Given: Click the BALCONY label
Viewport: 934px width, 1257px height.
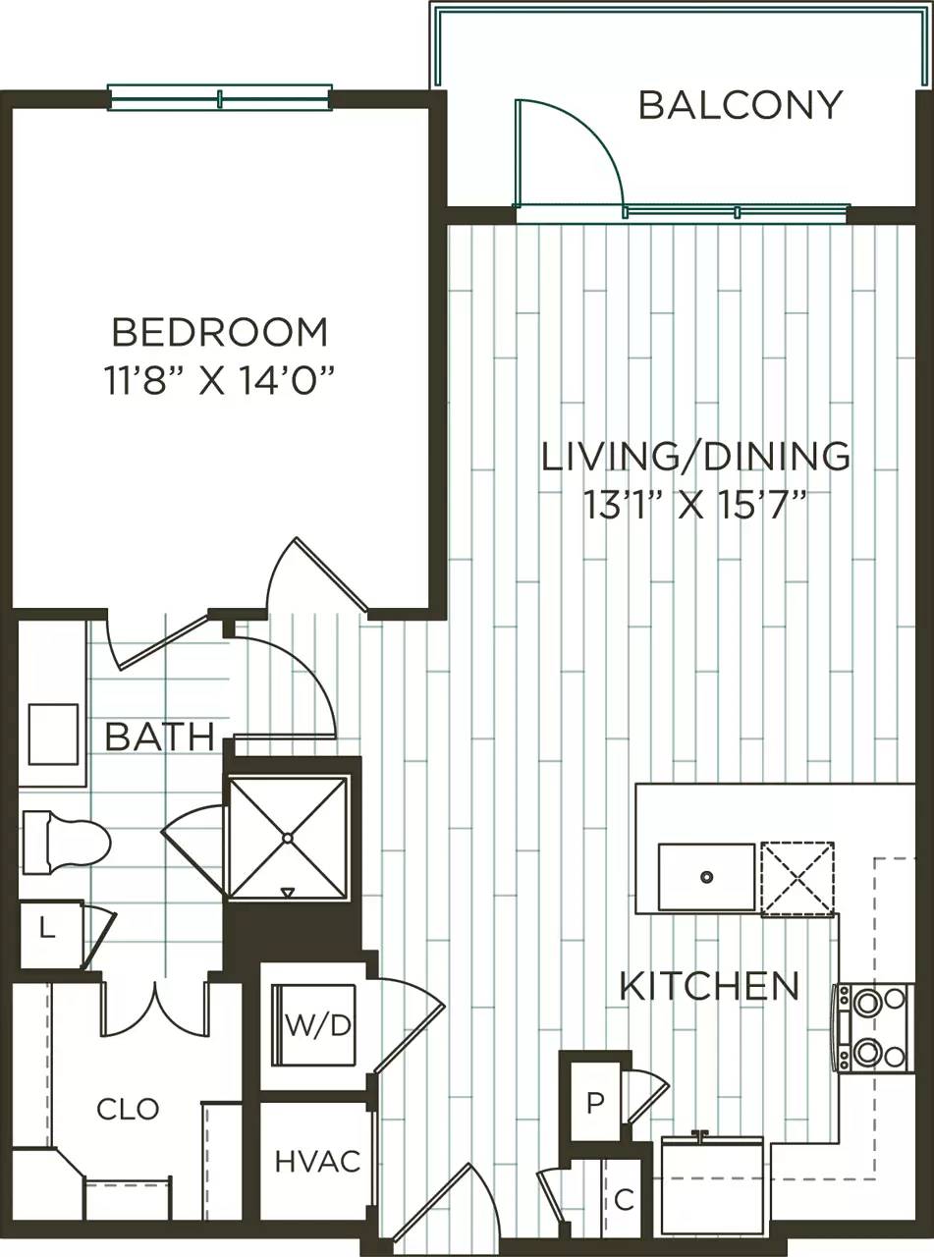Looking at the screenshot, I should [740, 104].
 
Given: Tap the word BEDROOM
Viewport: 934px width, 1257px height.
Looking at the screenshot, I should [220, 333].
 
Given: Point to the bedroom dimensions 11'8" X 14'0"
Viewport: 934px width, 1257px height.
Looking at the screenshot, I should [220, 381].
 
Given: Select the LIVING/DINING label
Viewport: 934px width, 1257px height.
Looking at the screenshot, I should [695, 456].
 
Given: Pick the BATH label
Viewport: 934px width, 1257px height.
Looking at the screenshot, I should [159, 737].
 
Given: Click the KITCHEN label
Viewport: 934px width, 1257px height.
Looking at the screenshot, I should [709, 985].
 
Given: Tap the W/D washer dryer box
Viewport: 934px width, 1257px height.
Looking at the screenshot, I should [316, 1026].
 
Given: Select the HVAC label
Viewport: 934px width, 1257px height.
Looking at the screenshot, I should [316, 1162].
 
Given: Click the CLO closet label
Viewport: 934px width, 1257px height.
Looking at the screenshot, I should [128, 1110].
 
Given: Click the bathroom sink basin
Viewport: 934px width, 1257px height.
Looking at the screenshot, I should [53, 734].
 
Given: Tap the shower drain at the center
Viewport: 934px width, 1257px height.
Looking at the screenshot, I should [287, 838].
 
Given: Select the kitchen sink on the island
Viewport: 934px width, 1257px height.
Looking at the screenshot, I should [706, 876].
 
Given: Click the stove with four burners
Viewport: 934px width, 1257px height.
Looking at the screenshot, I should [870, 1027].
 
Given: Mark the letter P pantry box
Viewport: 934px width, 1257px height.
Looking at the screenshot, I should [594, 1102].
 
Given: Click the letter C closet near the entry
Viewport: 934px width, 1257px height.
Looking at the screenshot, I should [622, 1200].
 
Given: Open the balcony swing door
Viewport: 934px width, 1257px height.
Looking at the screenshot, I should [567, 157].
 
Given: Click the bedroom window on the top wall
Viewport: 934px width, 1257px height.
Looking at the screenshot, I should [219, 98].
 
